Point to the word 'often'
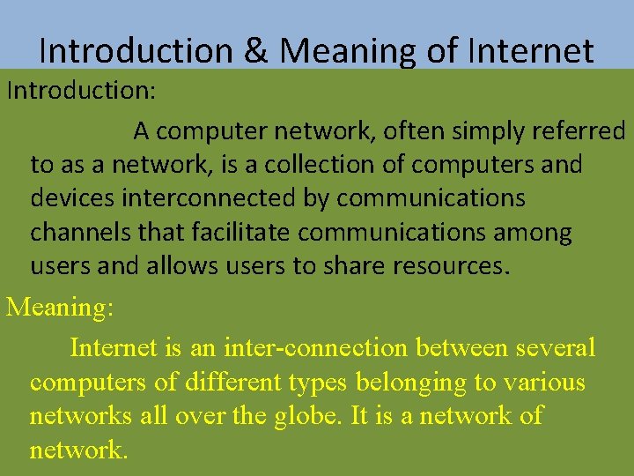[x=409, y=131]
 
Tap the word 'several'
[x=555, y=348]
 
